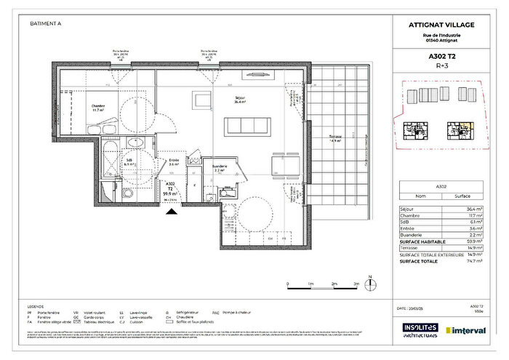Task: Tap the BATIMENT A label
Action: click(x=45, y=23)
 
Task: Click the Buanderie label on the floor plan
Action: click(x=220, y=167)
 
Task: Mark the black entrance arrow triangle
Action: click(x=171, y=212)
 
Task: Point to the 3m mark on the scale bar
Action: click(x=356, y=284)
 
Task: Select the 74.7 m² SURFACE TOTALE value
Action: click(x=473, y=260)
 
